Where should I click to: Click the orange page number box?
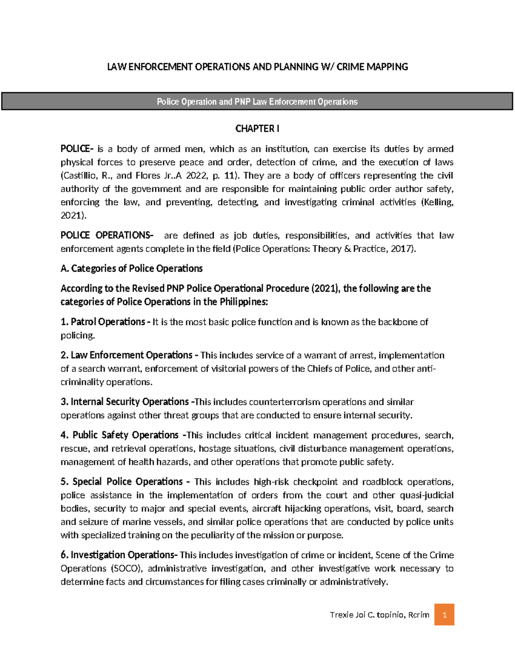point(444,615)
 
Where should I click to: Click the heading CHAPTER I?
point(257,129)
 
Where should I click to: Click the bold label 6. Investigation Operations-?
point(119,555)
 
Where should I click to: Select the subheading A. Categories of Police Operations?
point(131,268)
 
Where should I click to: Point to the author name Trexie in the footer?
point(341,615)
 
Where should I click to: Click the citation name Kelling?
point(437,202)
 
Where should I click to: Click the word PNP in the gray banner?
point(242,102)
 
